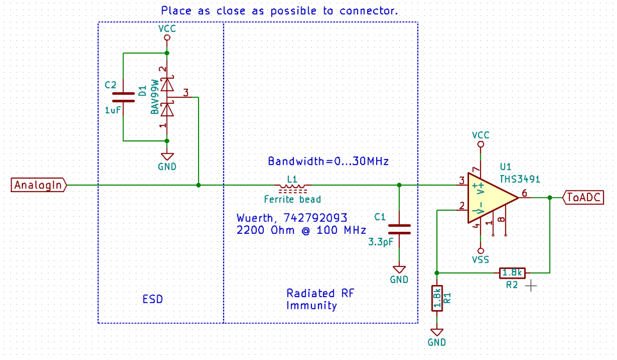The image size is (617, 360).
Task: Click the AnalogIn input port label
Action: (38, 185)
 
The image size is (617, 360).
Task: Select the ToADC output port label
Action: (583, 197)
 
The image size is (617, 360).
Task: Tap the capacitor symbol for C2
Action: (122, 97)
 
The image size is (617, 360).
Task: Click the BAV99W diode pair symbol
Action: (167, 97)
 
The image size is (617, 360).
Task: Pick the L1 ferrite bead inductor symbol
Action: (292, 186)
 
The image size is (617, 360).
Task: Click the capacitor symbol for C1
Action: (399, 229)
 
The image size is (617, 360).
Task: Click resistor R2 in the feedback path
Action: (512, 273)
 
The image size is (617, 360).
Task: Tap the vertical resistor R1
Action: (437, 298)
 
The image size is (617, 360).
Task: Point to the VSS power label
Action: (480, 259)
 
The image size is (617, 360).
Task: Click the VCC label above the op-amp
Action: (480, 135)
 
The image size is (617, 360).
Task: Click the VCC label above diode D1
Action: (167, 29)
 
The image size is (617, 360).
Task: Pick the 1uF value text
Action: (112, 110)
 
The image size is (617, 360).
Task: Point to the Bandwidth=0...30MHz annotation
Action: (328, 161)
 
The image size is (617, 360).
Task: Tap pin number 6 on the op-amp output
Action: (524, 193)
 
